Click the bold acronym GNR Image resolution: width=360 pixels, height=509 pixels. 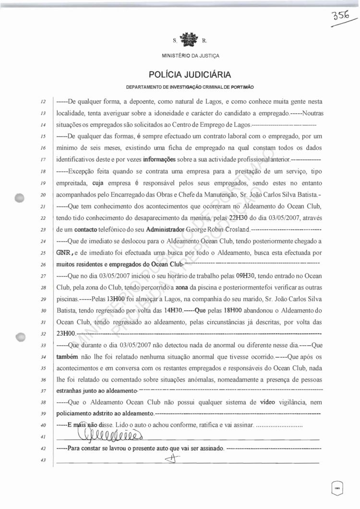pos(65,253)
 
